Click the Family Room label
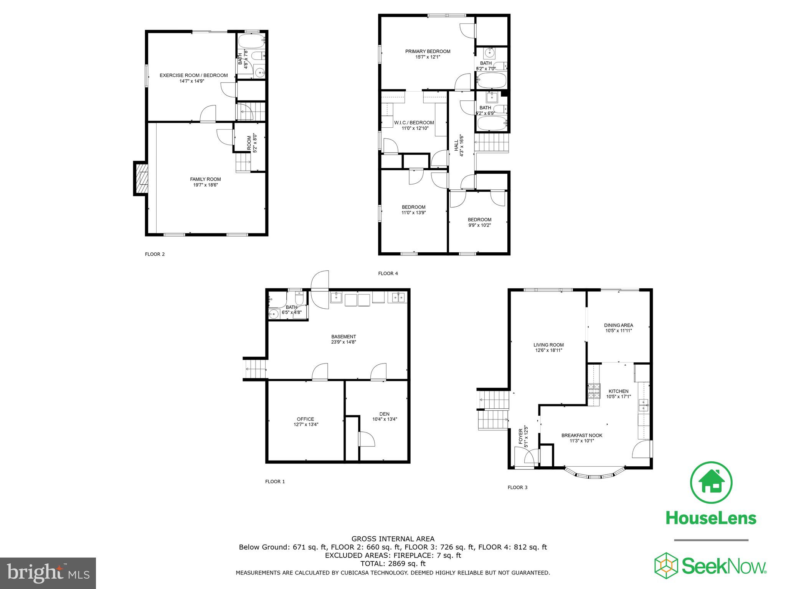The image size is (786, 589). pyautogui.click(x=205, y=179)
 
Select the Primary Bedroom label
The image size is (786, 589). pyautogui.click(x=428, y=51)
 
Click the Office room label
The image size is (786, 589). pyautogui.click(x=305, y=419)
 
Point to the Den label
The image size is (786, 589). pyautogui.click(x=384, y=414)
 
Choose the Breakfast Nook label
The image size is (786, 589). pyautogui.click(x=581, y=435)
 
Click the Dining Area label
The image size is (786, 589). pyautogui.click(x=618, y=325)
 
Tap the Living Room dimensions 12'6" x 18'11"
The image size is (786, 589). pyautogui.click(x=548, y=350)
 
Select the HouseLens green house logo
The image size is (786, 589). pyautogui.click(x=711, y=482)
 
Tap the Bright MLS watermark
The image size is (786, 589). pyautogui.click(x=48, y=573)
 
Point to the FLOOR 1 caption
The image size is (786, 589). pyautogui.click(x=275, y=482)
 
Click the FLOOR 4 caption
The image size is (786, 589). pyautogui.click(x=388, y=273)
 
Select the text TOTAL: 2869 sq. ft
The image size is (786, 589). pyautogui.click(x=393, y=564)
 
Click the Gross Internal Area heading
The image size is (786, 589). pyautogui.click(x=393, y=539)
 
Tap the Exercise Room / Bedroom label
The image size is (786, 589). pyautogui.click(x=193, y=76)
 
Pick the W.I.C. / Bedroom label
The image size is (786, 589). pyautogui.click(x=414, y=123)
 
